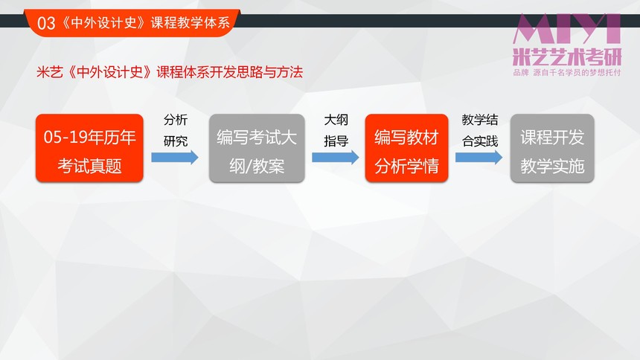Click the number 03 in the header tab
coord(46,23)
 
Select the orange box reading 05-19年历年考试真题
coord(89,148)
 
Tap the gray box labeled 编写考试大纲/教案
coord(257,148)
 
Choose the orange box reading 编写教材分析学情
coord(406,148)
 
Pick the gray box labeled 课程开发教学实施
coord(552,148)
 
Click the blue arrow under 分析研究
coord(175,157)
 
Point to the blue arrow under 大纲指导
coord(336,157)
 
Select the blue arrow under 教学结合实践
coord(479,157)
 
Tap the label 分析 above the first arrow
coord(176,120)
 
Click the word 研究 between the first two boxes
coord(176,141)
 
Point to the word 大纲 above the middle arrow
coord(336,120)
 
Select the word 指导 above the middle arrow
coord(336,141)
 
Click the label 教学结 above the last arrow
coord(480,120)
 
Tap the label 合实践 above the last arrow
coord(480,141)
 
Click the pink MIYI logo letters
coord(567,28)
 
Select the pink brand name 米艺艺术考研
coord(567,57)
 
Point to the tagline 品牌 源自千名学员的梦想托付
coord(567,73)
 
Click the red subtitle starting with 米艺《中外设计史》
coord(170,72)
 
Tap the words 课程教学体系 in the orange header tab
coord(191,23)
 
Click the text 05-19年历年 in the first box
coord(89,137)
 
